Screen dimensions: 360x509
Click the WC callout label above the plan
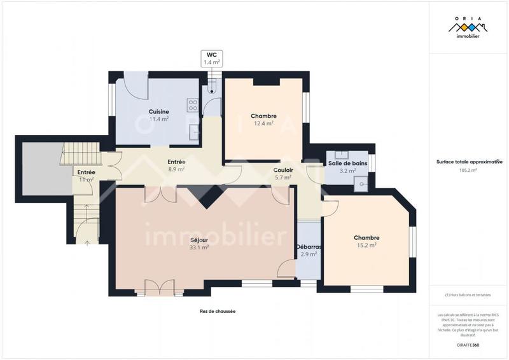click(x=211, y=58)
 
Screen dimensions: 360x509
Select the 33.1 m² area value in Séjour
click(x=199, y=247)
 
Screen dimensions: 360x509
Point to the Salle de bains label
click(x=347, y=163)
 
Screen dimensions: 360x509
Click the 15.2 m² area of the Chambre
click(x=366, y=245)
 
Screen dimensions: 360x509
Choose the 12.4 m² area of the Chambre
click(x=263, y=123)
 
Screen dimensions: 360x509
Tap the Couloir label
click(x=282, y=170)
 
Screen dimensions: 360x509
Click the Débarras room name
click(x=309, y=247)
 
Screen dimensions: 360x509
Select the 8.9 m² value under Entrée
click(x=176, y=170)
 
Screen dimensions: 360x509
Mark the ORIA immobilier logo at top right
click(x=468, y=29)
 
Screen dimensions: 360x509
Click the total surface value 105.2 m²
click(x=468, y=170)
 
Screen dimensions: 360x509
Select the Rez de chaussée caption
click(x=213, y=312)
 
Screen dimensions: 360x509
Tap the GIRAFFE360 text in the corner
click(x=468, y=344)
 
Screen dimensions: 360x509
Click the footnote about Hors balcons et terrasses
click(x=468, y=294)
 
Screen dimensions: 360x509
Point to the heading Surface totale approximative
click(x=468, y=162)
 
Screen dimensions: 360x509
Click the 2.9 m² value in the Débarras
click(x=309, y=254)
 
